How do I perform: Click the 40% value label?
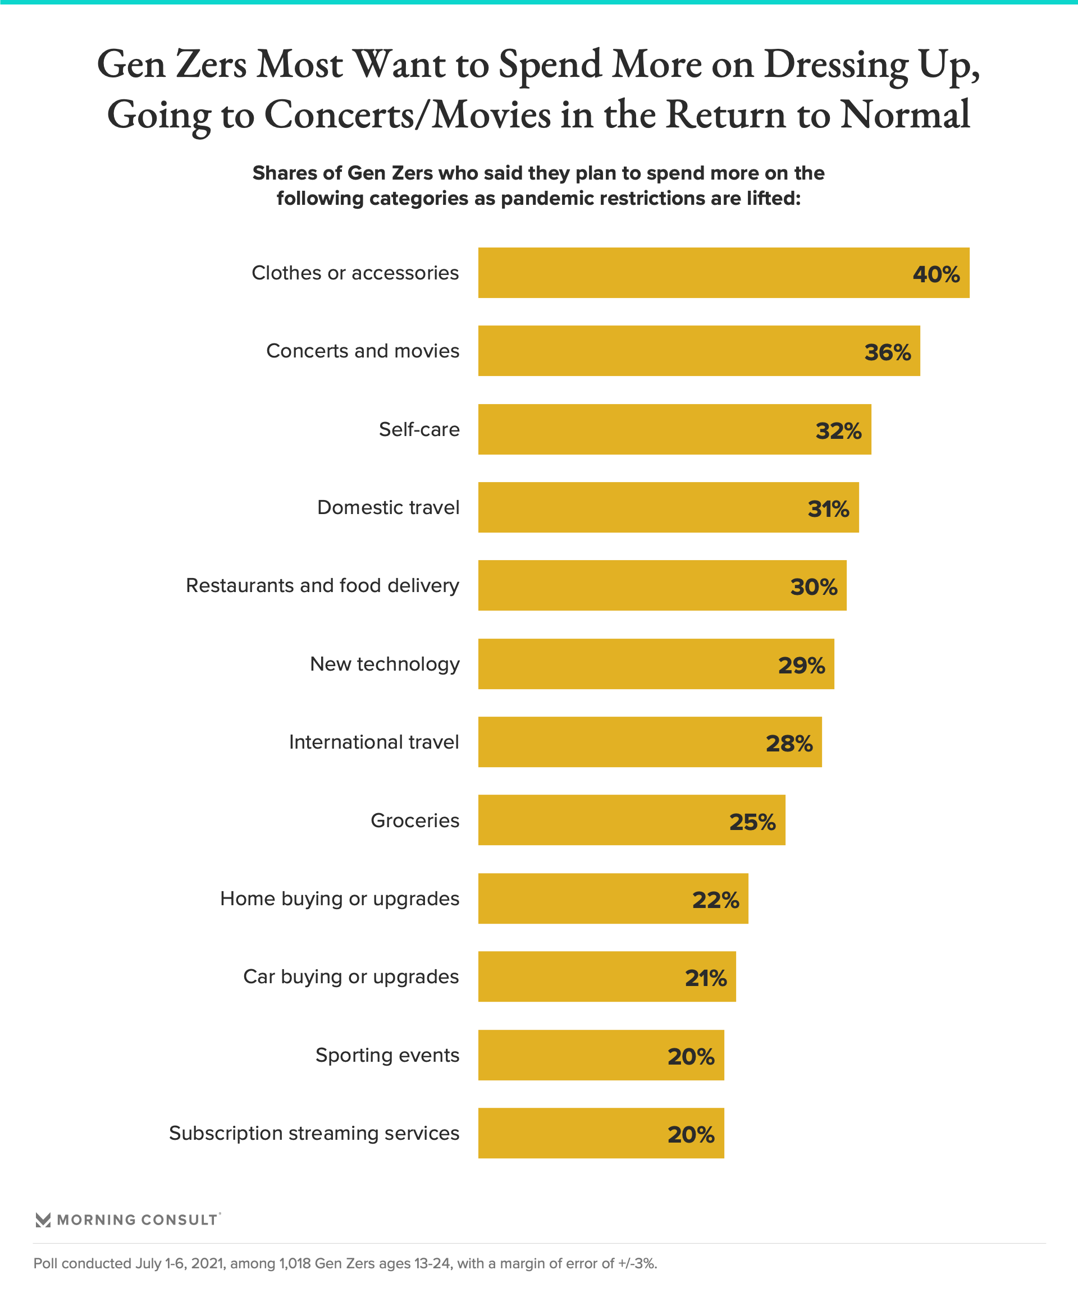pyautogui.click(x=936, y=274)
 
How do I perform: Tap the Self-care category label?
pyautogui.click(x=419, y=429)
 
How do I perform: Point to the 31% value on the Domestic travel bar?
pyautogui.click(x=828, y=508)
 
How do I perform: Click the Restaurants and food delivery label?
pyautogui.click(x=322, y=585)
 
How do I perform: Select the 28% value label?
pyautogui.click(x=789, y=743)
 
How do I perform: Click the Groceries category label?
pyautogui.click(x=414, y=820)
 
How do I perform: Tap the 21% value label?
pyautogui.click(x=706, y=978)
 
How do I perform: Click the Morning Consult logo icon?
pyautogui.click(x=43, y=1219)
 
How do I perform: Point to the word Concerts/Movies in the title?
pyautogui.click(x=407, y=114)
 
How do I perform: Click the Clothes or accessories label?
pyautogui.click(x=355, y=273)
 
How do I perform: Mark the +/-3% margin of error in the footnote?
pyautogui.click(x=638, y=1263)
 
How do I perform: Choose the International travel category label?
pyautogui.click(x=374, y=742)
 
